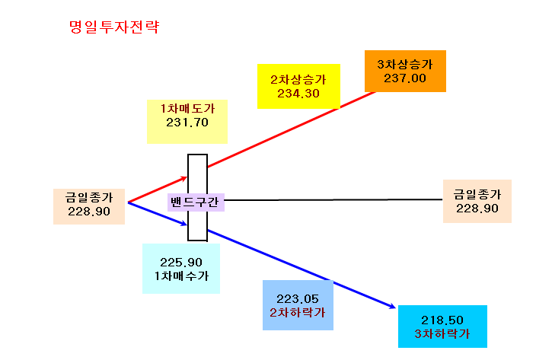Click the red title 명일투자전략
114,27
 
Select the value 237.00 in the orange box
405,78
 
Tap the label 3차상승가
405,64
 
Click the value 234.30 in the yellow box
298,94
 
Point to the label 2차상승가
298,80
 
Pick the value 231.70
187,123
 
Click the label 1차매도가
187,108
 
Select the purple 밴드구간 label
194,202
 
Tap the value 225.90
181,263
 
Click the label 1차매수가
181,276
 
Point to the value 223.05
298,299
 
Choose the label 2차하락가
298,313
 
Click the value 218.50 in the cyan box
442,320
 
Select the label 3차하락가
442,333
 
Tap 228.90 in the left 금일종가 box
89,212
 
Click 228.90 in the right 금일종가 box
477,209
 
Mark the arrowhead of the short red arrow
184,178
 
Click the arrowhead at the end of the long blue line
392,307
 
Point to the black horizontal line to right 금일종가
333,200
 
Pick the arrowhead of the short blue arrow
184,224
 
